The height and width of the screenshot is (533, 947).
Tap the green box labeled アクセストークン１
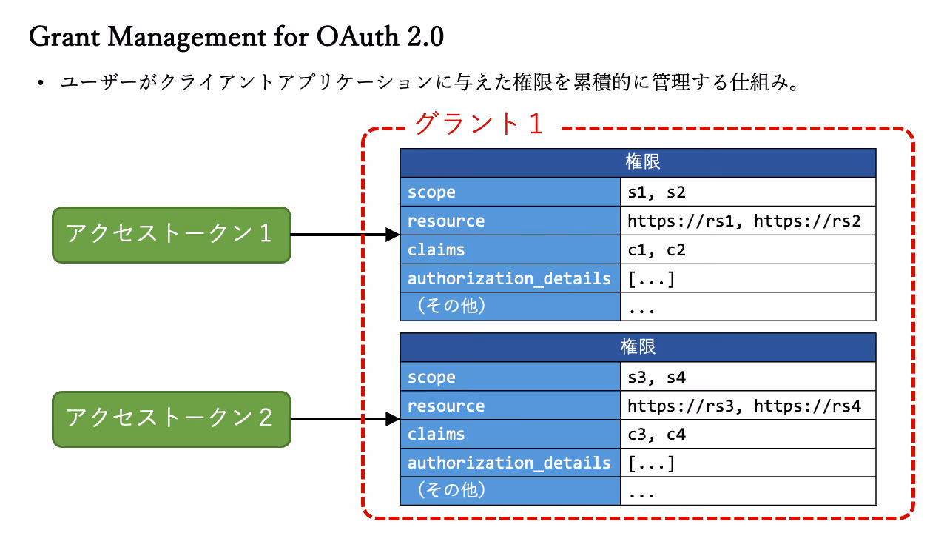pos(172,235)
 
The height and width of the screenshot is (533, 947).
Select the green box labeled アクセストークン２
pos(172,419)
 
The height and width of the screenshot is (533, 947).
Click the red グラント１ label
pos(479,124)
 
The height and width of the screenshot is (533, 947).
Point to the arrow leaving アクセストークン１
pos(346,235)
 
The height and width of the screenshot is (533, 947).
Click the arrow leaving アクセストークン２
pos(346,419)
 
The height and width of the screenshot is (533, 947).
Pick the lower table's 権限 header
pos(638,347)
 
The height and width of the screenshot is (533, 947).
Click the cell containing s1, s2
pos(748,192)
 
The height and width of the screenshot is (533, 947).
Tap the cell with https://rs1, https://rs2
pos(748,221)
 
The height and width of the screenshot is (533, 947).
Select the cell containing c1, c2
pos(748,249)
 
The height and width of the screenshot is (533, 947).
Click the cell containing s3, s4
pos(748,377)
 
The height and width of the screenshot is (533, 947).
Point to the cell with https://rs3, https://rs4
pos(748,405)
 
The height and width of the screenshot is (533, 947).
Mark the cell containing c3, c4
pos(748,434)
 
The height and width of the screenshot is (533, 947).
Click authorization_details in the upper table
pos(509,279)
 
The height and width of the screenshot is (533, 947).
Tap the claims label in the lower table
pos(436,434)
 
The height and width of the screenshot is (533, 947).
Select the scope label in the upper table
pos(431,192)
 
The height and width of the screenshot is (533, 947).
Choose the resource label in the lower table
pos(446,406)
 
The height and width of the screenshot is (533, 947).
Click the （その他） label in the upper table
pos(451,306)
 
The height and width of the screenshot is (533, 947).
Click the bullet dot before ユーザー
pos(40,82)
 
